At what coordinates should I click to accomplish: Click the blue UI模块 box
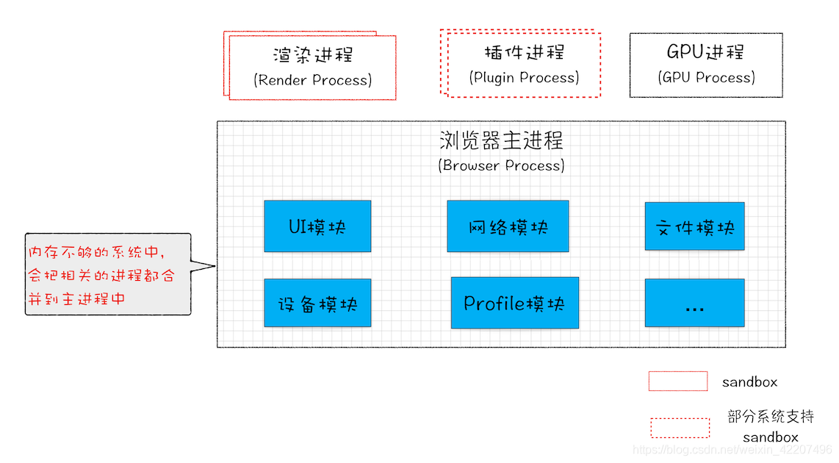coord(317,226)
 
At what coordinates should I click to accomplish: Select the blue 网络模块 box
coord(508,226)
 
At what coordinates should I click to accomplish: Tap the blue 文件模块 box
coord(694,226)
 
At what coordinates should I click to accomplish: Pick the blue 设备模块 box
coord(317,303)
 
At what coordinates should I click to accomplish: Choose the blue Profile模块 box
coord(514,303)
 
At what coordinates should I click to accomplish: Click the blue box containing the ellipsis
coord(694,303)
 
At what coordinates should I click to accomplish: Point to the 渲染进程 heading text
coord(312,55)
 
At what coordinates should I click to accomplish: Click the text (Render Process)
coord(312,80)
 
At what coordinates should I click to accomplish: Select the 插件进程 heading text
coord(524,52)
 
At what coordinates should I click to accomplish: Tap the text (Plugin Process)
coord(524,77)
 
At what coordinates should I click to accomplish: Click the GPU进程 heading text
coord(705,52)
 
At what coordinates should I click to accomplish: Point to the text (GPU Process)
coord(706,77)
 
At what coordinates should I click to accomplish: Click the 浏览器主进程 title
coord(502,140)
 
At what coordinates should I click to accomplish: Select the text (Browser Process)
coord(502,165)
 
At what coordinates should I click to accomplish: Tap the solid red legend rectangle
coord(677,381)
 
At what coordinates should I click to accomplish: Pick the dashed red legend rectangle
coord(680,428)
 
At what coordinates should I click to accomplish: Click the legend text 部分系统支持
coord(771,417)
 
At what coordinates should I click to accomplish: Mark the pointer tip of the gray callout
coord(215,266)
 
